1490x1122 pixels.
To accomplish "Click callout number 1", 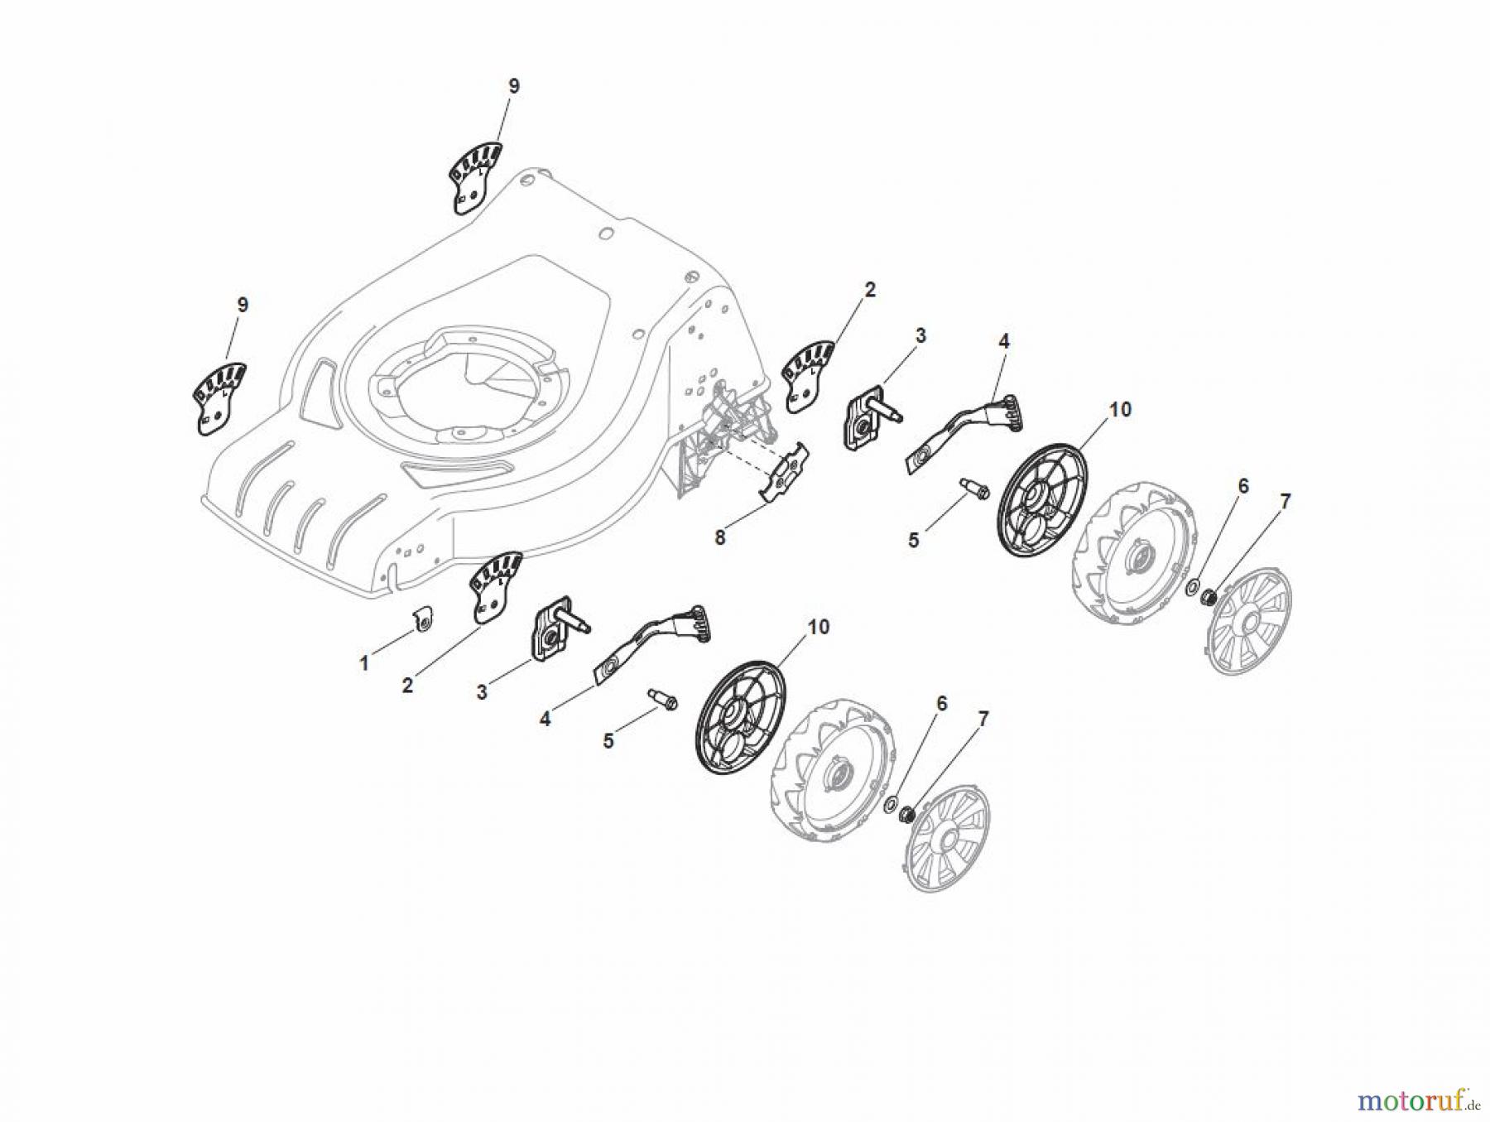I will [x=363, y=663].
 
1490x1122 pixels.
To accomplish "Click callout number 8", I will [x=719, y=537].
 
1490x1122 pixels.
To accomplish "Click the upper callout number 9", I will [x=513, y=86].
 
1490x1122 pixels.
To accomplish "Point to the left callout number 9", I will [x=242, y=305].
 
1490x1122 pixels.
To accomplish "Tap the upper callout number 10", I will [x=1119, y=409].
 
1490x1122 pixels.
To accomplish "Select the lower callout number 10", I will [x=818, y=627].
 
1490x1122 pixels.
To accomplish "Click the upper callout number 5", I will [x=913, y=540].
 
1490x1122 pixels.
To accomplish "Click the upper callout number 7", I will [x=1284, y=501].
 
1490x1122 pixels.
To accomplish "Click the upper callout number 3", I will [x=920, y=335].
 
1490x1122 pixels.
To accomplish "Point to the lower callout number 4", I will [x=545, y=719].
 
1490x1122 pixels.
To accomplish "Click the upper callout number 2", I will [x=869, y=290].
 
